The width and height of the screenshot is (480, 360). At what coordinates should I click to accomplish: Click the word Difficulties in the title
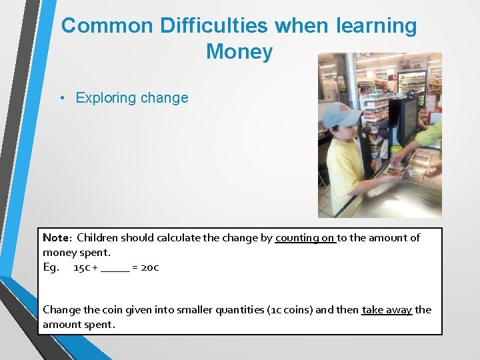coord(214,26)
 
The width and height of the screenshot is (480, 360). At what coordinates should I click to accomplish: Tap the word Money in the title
coord(239,51)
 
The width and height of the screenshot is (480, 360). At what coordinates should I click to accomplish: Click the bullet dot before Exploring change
coord(61,98)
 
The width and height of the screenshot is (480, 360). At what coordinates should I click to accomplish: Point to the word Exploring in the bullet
coord(105,98)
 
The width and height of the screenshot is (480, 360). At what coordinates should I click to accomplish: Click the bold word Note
coord(56,238)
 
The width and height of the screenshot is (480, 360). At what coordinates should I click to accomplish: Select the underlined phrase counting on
coord(305,238)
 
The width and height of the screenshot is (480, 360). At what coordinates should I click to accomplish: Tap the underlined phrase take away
coord(387,310)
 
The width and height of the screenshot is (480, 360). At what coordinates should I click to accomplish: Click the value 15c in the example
coord(81,267)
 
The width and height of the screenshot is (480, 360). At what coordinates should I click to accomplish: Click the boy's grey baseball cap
coord(341,115)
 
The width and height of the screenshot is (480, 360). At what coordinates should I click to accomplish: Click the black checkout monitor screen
coord(404,120)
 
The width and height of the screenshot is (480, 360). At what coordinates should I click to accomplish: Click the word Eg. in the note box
coord(51,267)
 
